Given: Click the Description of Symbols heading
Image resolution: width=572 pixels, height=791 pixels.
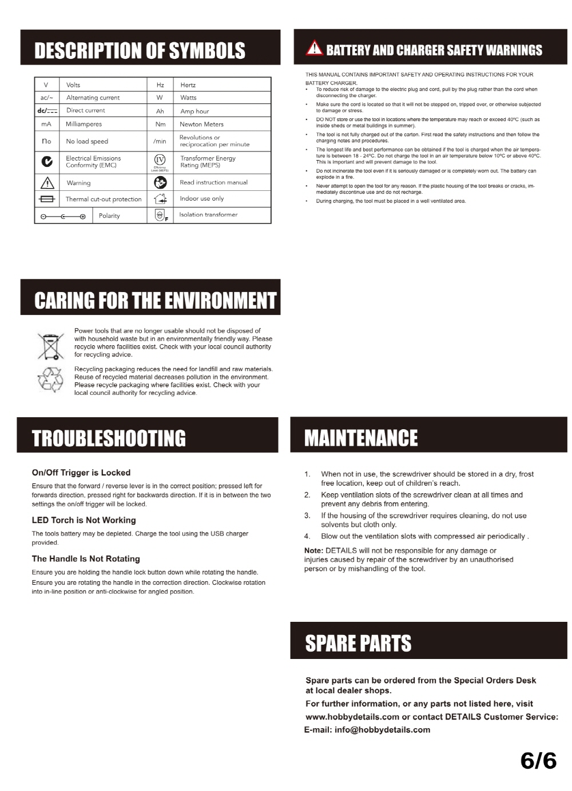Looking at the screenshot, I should pyautogui.click(x=140, y=51).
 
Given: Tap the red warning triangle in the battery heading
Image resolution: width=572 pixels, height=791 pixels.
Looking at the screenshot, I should pyautogui.click(x=314, y=49).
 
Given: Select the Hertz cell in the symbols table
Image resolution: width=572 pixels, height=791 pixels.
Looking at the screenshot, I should pyautogui.click(x=188, y=85).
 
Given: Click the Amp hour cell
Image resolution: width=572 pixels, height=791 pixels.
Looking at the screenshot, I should pyautogui.click(x=194, y=111).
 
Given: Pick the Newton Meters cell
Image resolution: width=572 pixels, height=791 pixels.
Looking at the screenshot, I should pyautogui.click(x=201, y=124).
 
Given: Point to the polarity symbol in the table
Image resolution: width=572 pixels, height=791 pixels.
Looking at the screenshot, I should pyautogui.click(x=63, y=216).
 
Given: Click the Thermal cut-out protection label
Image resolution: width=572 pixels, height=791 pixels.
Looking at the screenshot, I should pyautogui.click(x=104, y=199).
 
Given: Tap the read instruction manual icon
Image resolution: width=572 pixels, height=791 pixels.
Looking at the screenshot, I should pyautogui.click(x=160, y=182).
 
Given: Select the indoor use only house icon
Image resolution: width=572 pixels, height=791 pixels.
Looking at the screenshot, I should pyautogui.click(x=160, y=199).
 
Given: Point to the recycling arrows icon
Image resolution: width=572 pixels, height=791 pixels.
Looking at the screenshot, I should pyautogui.click(x=50, y=379).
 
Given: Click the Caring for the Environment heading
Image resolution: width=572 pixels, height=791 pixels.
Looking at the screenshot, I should pyautogui.click(x=155, y=301).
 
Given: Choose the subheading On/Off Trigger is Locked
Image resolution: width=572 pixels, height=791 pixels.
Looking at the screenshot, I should pyautogui.click(x=81, y=473).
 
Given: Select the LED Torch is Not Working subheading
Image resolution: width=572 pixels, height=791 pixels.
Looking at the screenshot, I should pyautogui.click(x=84, y=520).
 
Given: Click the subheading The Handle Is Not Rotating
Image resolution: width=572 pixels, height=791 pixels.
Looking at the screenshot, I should pyautogui.click(x=86, y=558).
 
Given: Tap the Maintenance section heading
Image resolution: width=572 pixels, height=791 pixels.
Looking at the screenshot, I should pyautogui.click(x=361, y=438).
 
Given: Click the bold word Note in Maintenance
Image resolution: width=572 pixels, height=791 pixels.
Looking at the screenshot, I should pyautogui.click(x=313, y=550).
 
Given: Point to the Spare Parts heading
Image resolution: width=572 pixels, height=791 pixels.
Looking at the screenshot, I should pyautogui.click(x=358, y=644).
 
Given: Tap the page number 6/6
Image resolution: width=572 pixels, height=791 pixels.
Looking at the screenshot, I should pyautogui.click(x=538, y=761).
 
